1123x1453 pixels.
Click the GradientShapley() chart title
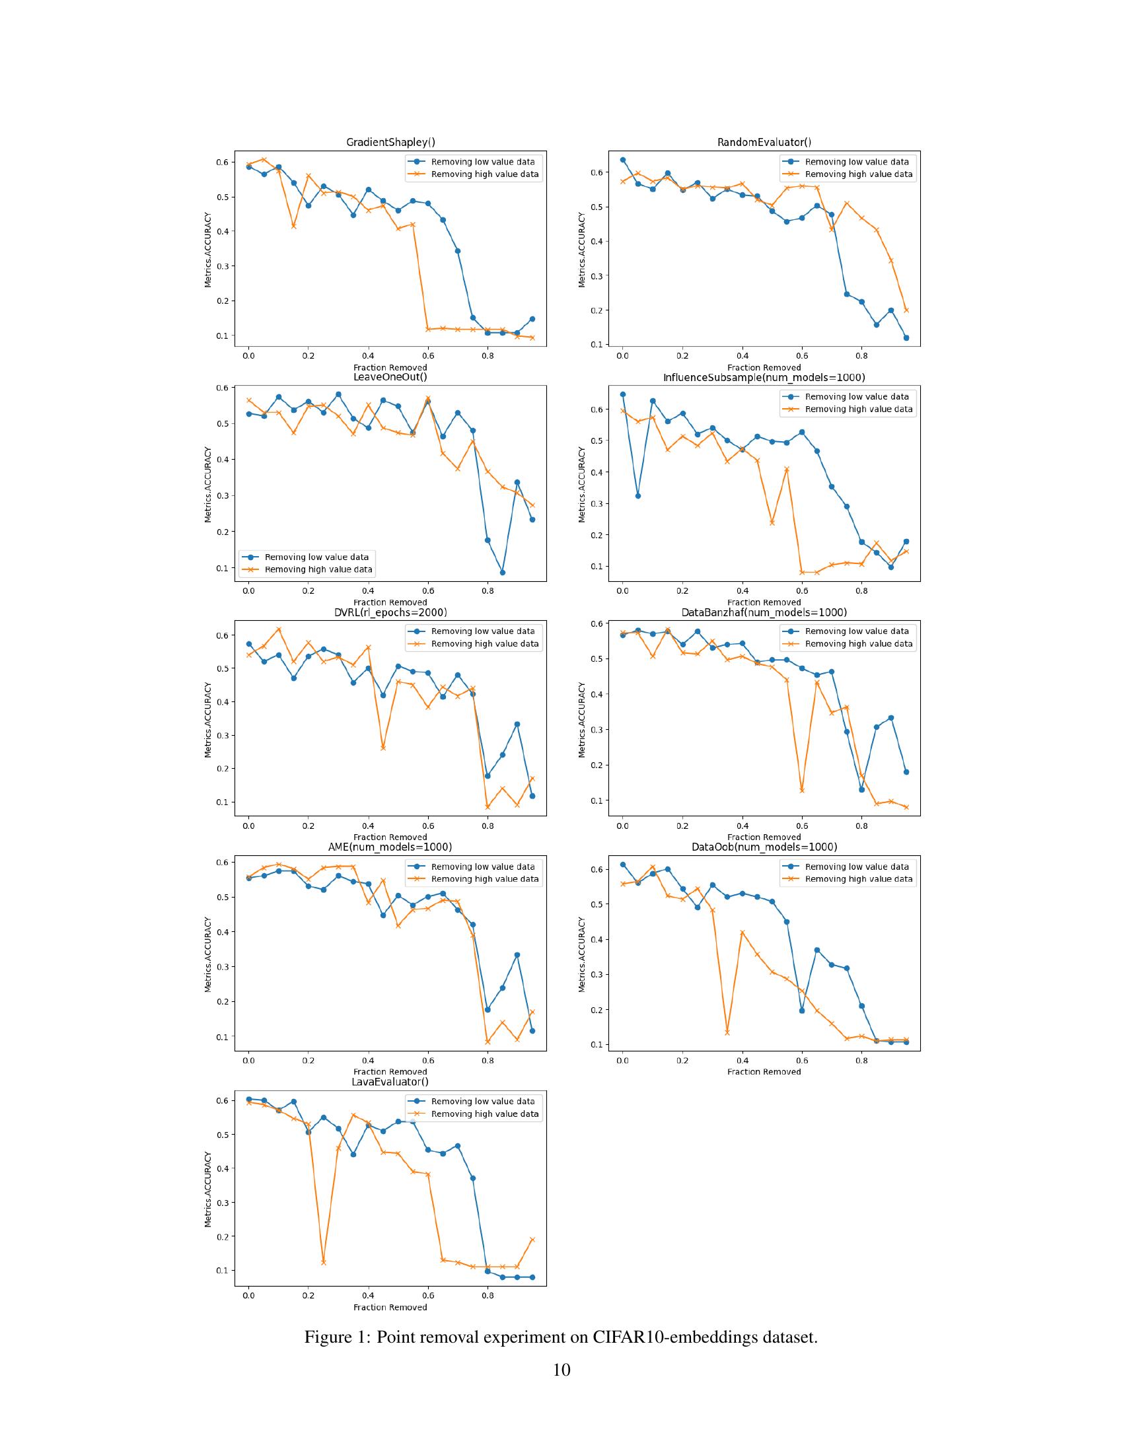tap(390, 143)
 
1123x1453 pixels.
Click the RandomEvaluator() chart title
tap(764, 143)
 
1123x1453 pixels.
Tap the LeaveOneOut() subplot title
tap(390, 377)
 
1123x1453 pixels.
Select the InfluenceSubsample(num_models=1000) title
tap(764, 378)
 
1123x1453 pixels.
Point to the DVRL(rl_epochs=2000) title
tap(390, 612)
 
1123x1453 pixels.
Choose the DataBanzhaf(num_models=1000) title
tap(764, 612)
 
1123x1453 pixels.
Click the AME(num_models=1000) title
tap(390, 847)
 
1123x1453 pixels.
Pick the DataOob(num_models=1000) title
tap(764, 847)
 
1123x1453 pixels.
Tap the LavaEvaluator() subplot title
tap(390, 1082)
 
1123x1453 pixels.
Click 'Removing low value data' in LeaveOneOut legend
tap(316, 557)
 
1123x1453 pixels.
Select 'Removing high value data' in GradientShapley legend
tap(484, 174)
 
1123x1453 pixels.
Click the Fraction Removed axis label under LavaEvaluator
tap(390, 1307)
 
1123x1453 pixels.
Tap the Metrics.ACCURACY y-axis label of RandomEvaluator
tap(582, 250)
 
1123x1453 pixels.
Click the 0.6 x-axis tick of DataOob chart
tap(802, 1061)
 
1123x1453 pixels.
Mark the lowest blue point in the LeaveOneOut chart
tap(502, 572)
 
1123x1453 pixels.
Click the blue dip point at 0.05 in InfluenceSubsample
tap(637, 495)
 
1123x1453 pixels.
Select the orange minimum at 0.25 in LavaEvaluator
tap(323, 1262)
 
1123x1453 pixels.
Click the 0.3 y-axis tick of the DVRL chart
tap(226, 735)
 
